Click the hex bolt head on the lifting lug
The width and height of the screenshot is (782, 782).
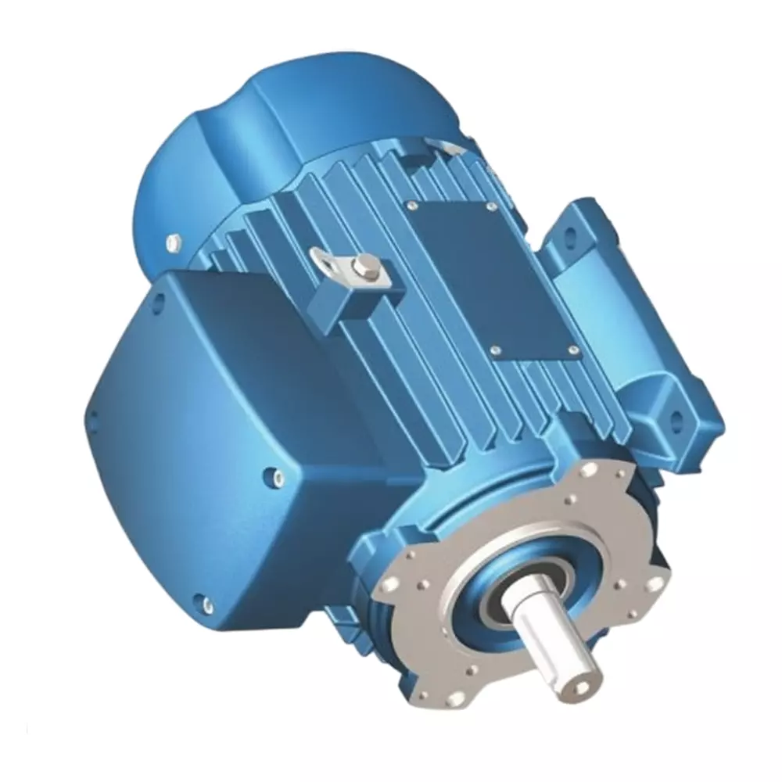(x=361, y=270)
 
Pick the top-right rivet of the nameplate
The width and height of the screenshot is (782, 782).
(x=490, y=207)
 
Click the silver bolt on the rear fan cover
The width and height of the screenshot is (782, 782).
(x=173, y=242)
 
